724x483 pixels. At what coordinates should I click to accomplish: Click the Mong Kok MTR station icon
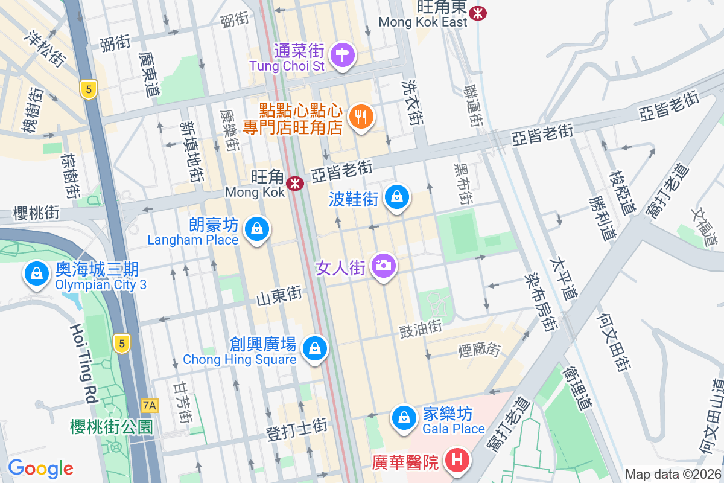[295, 183]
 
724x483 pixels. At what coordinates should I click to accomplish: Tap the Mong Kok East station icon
[478, 13]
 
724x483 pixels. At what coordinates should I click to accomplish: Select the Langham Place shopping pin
[258, 229]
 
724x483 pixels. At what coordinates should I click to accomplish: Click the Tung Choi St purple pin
[343, 56]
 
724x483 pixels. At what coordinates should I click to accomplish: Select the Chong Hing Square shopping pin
[314, 348]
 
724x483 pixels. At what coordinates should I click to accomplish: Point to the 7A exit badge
[148, 405]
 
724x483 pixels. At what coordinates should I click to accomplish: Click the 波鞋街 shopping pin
[397, 197]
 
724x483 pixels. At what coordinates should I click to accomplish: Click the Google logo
[40, 468]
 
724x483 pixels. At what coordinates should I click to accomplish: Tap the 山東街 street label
[279, 296]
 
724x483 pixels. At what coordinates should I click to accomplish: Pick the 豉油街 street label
[421, 330]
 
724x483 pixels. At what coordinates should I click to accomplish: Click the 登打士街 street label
[297, 429]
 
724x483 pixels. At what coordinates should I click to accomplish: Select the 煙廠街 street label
[480, 349]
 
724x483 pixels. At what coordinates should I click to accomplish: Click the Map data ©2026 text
[672, 474]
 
